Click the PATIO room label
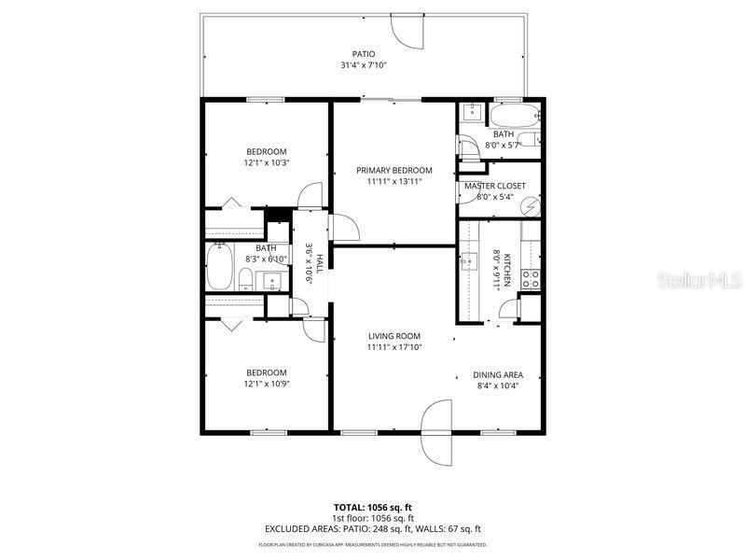(363, 53)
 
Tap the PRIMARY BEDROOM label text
(394, 170)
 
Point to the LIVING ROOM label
(394, 336)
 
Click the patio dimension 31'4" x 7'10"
(363, 65)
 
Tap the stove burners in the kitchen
(532, 276)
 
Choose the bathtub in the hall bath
(220, 267)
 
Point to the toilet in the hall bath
(244, 279)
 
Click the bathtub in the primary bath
(515, 117)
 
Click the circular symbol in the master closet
(531, 205)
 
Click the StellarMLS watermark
(698, 280)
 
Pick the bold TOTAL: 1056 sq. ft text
(372, 507)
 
